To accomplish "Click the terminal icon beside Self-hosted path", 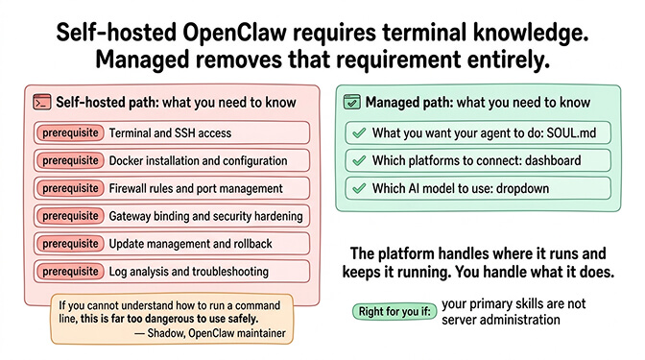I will tap(41, 101).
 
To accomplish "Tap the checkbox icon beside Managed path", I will tap(352, 101).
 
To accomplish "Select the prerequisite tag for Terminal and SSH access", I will tap(68, 132).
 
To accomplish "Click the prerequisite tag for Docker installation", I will tap(68, 160).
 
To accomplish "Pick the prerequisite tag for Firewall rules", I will tap(68, 188).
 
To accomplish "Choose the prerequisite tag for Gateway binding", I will tap(68, 216).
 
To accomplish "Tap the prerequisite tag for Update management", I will tap(68, 244).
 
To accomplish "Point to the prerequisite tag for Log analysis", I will tap(68, 272).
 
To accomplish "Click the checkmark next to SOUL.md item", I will tap(358, 132).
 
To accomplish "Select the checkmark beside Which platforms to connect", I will tap(358, 160).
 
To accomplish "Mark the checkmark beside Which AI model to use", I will tap(358, 188).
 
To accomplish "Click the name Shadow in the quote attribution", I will tap(171, 332).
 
